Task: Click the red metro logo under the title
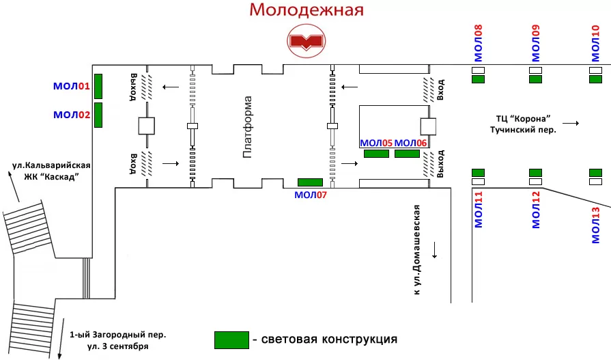[307, 41]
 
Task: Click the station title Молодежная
[307, 10]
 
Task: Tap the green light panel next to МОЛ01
[98, 86]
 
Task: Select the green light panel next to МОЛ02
[98, 115]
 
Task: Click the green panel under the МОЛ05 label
[376, 154]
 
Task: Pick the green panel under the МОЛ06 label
[407, 154]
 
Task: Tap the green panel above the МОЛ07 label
[310, 182]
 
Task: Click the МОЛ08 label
[478, 43]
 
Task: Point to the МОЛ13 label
[596, 225]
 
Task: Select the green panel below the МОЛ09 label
[535, 79]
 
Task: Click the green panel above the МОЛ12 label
[535, 173]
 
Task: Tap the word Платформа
[248, 127]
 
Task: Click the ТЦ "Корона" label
[523, 119]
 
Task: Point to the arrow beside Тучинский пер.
[571, 123]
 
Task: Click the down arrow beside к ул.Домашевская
[434, 250]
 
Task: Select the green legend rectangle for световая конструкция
[231, 340]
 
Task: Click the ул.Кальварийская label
[51, 165]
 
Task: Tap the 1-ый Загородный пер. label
[117, 335]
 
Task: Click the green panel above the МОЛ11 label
[478, 173]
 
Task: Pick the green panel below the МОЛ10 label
[596, 79]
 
